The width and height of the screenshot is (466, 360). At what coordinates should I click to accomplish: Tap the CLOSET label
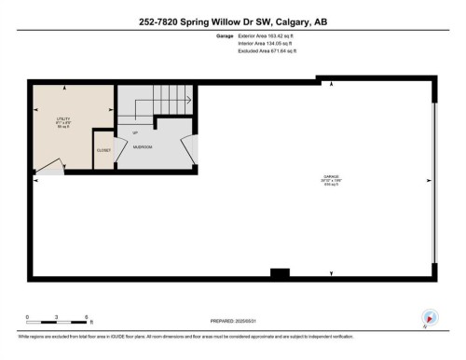pos(103,148)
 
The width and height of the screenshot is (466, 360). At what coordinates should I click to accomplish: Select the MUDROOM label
pos(143,147)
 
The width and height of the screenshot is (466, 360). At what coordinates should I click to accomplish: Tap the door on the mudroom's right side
pos(190,147)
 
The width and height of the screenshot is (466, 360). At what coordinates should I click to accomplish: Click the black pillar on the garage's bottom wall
pos(279,272)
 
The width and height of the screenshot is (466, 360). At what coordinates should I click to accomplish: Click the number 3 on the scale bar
pos(57,316)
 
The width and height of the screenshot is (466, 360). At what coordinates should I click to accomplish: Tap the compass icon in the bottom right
pos(430,317)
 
